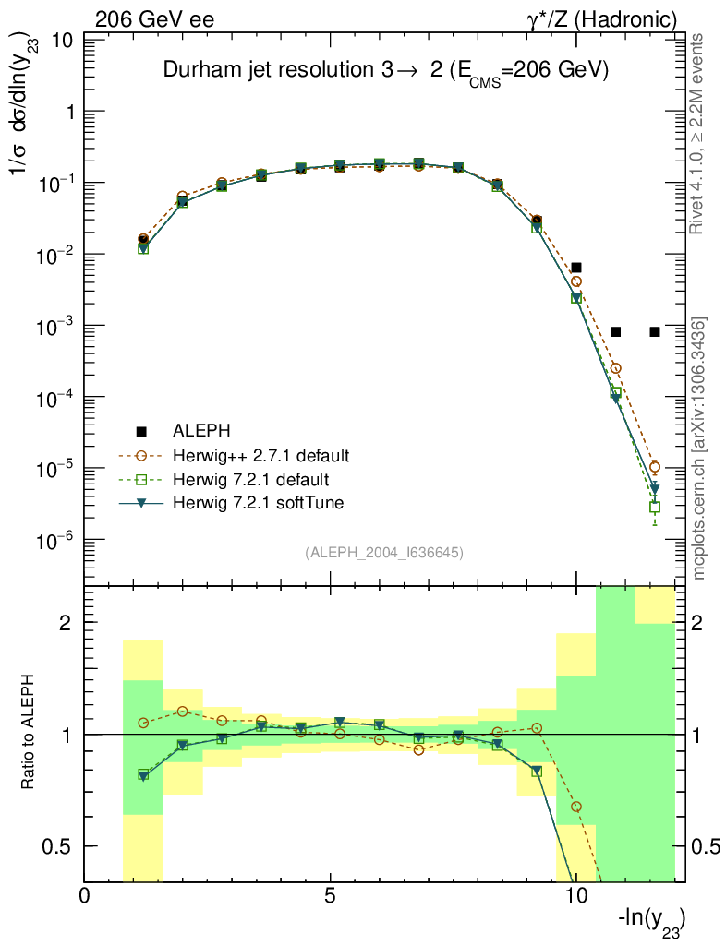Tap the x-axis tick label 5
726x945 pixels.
[330, 896]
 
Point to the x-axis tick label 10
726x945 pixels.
[575, 896]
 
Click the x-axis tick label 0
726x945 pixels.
[86, 896]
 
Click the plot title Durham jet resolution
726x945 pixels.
[385, 71]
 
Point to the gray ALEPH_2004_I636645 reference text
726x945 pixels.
[383, 553]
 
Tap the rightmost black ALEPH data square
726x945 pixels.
[654, 331]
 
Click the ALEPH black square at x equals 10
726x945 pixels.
[575, 268]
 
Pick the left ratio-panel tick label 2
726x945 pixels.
[65, 623]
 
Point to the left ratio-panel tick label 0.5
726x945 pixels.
[57, 846]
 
